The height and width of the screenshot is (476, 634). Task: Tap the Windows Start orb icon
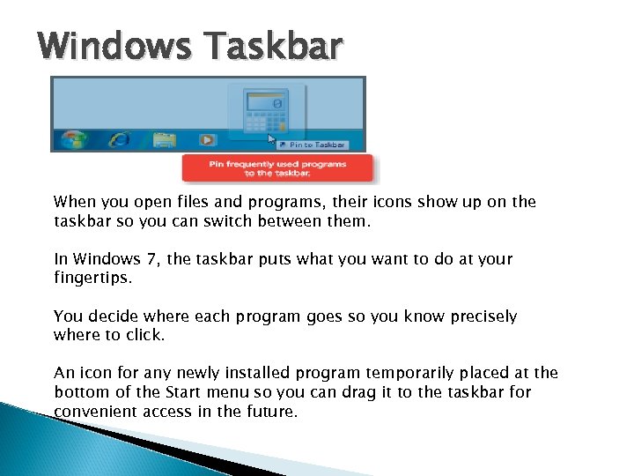pyautogui.click(x=74, y=139)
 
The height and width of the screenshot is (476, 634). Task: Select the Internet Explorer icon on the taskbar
pyautogui.click(x=118, y=139)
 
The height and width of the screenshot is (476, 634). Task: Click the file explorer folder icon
pyautogui.click(x=163, y=139)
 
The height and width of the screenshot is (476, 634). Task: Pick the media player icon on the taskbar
pyautogui.click(x=207, y=139)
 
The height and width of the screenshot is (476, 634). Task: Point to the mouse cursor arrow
pyautogui.click(x=272, y=138)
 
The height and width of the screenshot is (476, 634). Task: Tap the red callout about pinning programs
pyautogui.click(x=277, y=168)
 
